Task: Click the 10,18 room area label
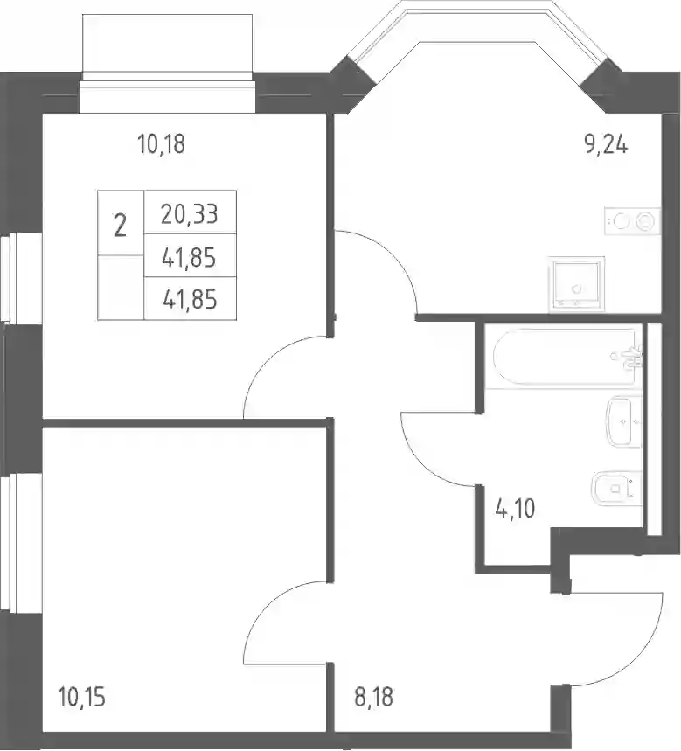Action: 161,144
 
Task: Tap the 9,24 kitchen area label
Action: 606,143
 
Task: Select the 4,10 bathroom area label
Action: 515,508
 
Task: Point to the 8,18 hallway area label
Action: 373,697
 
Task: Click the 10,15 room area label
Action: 81,697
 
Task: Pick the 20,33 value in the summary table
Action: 190,214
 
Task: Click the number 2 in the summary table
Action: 120,226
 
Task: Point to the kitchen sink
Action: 577,284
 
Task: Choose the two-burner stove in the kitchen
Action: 633,221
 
